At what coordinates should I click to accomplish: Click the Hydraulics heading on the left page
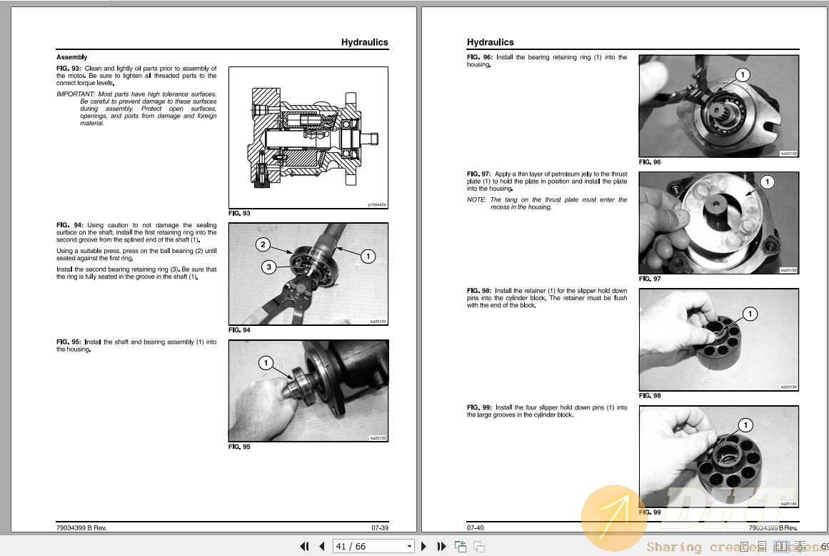364,42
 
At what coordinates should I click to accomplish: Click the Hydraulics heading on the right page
490,42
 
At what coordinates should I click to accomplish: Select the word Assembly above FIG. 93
71,57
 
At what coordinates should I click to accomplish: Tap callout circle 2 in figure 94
263,245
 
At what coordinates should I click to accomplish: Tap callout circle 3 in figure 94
268,267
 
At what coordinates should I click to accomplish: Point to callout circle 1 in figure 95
266,364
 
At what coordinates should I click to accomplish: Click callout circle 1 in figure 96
742,75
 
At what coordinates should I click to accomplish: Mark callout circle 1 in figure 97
766,183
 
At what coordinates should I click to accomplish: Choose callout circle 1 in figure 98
749,314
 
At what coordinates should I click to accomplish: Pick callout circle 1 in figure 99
745,425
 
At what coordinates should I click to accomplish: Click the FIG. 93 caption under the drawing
239,214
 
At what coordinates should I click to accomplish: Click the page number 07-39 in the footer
379,528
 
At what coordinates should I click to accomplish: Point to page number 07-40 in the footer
476,528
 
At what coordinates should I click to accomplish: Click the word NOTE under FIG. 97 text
476,200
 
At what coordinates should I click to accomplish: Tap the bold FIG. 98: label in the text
479,291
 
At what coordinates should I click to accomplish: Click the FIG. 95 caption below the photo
239,447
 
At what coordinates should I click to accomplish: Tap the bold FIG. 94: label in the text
69,225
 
